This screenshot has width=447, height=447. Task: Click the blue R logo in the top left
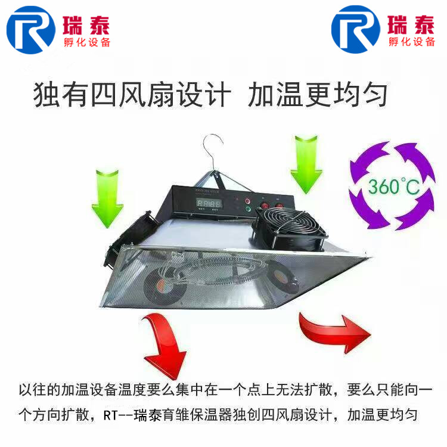[x=31, y=29]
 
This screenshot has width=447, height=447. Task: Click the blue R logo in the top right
[x=356, y=29]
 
